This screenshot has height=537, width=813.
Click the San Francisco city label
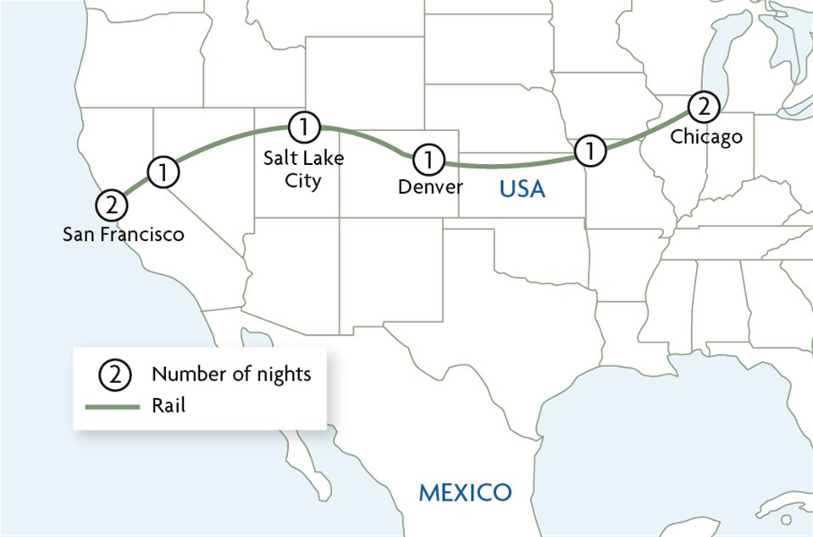[x=123, y=234]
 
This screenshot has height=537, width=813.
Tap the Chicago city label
[x=706, y=136]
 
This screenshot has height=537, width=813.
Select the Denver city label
[x=430, y=186]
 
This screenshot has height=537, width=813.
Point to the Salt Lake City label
[x=303, y=169]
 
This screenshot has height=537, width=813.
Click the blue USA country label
[x=522, y=190]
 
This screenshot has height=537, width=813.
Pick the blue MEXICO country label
[x=466, y=491]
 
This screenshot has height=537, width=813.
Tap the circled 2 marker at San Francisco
[x=112, y=205]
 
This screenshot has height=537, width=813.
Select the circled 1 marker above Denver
[x=429, y=159]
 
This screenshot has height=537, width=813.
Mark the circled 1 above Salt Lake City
[x=304, y=128]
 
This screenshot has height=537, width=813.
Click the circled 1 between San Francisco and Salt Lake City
[x=164, y=172]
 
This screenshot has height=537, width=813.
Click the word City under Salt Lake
[x=303, y=181]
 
